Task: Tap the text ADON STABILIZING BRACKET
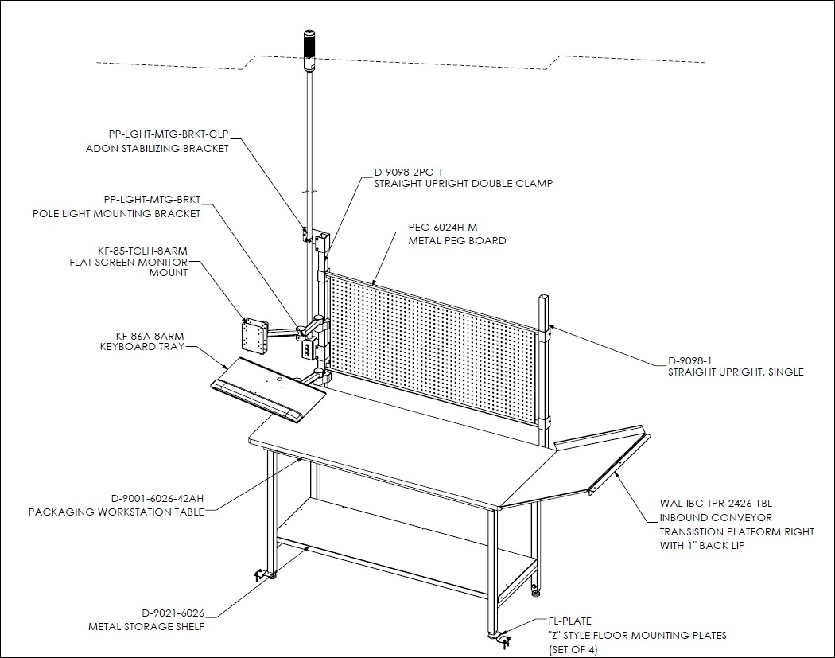pos(157,149)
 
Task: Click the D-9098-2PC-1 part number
pos(409,172)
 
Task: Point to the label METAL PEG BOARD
pos(457,241)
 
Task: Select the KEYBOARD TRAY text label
pos(142,347)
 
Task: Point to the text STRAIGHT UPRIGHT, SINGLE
pos(736,372)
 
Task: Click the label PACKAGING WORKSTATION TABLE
pos(116,512)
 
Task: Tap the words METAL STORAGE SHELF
pos(146,626)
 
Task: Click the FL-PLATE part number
pos(570,621)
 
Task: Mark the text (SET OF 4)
pos(573,650)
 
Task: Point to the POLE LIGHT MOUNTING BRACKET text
pos(117,214)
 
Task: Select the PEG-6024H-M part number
pos(443,228)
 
